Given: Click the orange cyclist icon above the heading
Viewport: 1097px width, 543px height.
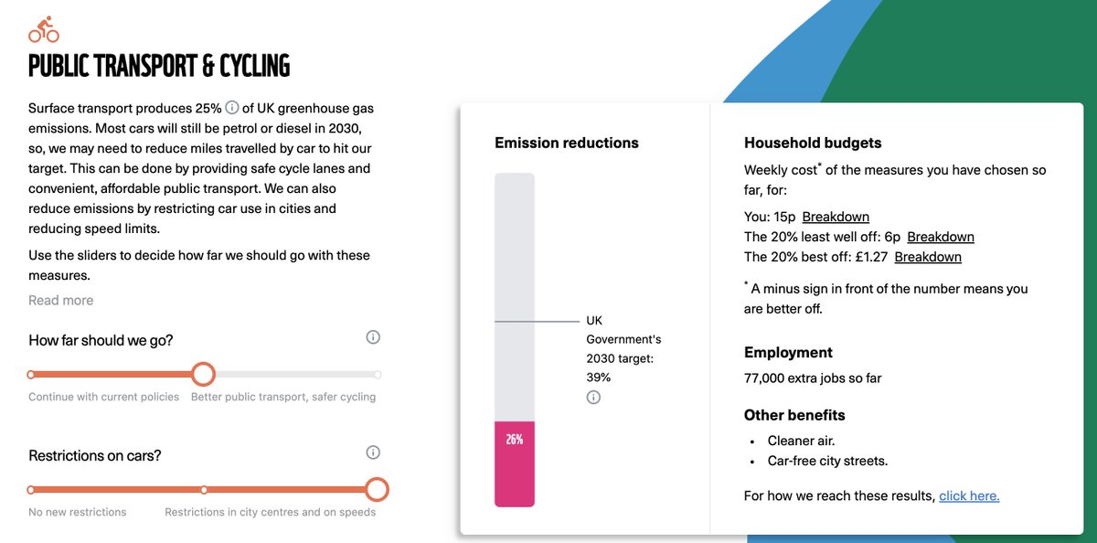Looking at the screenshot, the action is (44, 29).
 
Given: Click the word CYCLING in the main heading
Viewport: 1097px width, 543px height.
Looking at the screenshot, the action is (255, 66).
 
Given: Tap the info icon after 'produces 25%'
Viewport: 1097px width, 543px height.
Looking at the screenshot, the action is (231, 107).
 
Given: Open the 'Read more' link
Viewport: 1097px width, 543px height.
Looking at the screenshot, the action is (60, 300).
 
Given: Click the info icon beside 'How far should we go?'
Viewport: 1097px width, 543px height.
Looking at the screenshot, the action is (373, 337).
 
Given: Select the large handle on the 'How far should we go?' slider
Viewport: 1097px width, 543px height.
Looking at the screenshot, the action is (203, 375).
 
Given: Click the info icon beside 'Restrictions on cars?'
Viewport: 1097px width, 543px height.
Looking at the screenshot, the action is (373, 452).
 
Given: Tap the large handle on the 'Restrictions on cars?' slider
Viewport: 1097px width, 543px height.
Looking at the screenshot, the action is (377, 490).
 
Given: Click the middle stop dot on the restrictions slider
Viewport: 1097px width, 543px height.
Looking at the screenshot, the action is (204, 490).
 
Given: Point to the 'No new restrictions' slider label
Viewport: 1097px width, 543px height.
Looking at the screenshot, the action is (78, 512).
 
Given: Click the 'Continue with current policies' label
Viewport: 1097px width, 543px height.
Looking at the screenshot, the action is (104, 397).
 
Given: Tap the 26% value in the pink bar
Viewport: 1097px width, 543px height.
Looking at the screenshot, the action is (514, 440).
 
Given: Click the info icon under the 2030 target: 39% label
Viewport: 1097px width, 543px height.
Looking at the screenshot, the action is (593, 397).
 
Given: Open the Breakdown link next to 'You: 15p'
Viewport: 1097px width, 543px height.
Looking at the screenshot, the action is (836, 217).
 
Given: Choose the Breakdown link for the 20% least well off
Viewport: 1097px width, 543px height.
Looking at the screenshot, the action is (941, 237).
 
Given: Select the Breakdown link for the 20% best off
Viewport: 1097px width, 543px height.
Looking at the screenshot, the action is (928, 257).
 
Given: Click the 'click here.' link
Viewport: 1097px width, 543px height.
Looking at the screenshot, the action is (969, 496).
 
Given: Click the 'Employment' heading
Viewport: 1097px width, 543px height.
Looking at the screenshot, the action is (788, 353).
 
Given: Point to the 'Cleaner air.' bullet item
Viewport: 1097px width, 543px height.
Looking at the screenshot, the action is (801, 441).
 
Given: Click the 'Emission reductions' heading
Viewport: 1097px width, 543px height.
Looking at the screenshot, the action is (567, 143).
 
